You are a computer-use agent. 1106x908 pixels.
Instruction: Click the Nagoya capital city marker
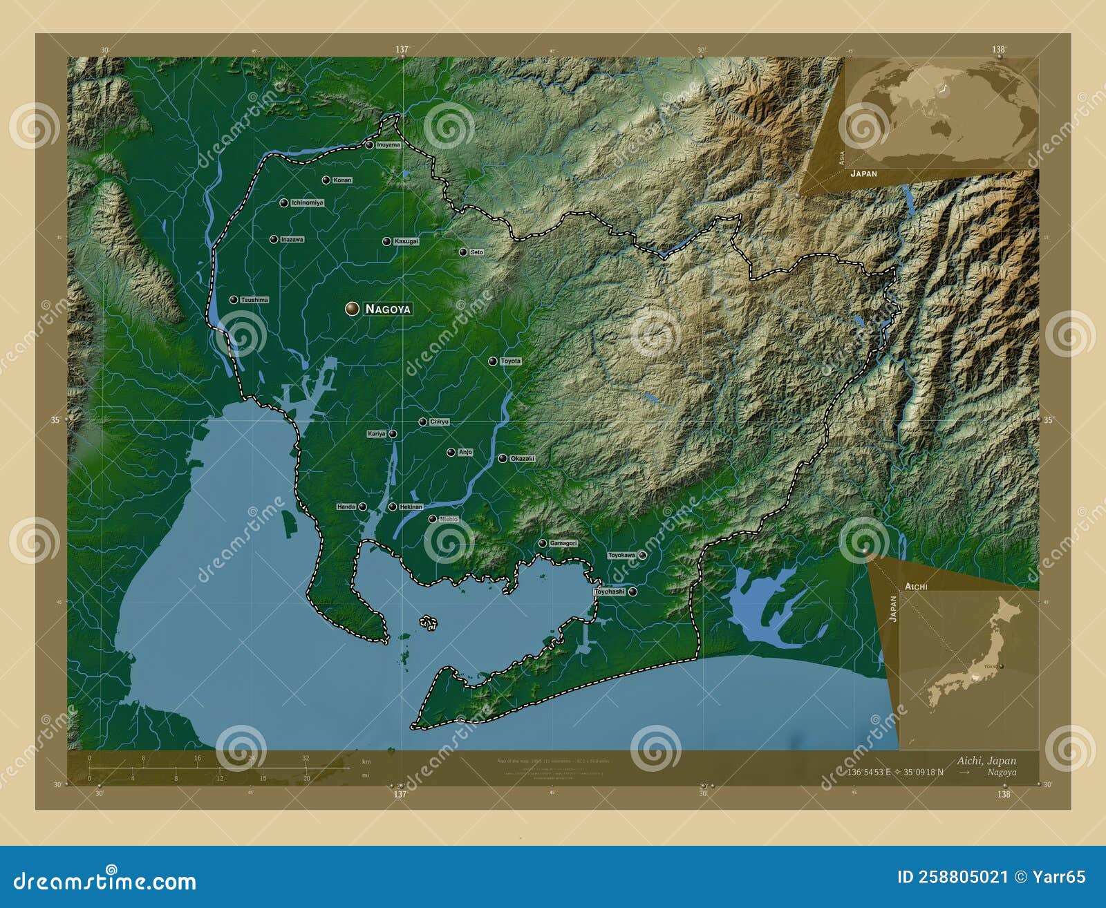tap(353, 308)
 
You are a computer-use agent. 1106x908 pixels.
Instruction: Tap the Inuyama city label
tap(388, 145)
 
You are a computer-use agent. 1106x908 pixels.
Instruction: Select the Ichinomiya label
tap(307, 203)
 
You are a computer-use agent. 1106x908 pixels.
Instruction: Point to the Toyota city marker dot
tap(493, 361)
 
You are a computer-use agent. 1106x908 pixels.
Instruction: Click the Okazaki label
tap(522, 459)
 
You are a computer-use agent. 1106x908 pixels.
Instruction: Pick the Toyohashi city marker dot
tap(632, 592)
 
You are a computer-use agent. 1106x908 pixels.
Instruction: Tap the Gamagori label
tap(563, 543)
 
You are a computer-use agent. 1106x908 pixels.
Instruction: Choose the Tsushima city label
tap(254, 300)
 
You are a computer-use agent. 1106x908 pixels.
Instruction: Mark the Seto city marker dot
tap(463, 252)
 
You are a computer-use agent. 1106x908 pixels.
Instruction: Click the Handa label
tap(346, 507)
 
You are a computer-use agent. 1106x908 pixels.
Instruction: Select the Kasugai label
tap(406, 242)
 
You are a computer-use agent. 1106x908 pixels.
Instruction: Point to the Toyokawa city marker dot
tap(642, 555)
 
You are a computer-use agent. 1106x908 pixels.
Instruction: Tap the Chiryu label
tap(439, 422)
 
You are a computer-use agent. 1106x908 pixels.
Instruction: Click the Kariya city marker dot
tap(393, 434)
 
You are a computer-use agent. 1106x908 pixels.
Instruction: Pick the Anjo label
tap(465, 453)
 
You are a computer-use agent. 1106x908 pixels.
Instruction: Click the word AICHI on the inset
tap(916, 586)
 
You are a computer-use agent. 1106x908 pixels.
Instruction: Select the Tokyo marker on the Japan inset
tap(1000, 666)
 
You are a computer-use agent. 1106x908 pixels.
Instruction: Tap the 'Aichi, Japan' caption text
tap(986, 761)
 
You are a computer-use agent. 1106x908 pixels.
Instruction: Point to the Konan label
tap(342, 180)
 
